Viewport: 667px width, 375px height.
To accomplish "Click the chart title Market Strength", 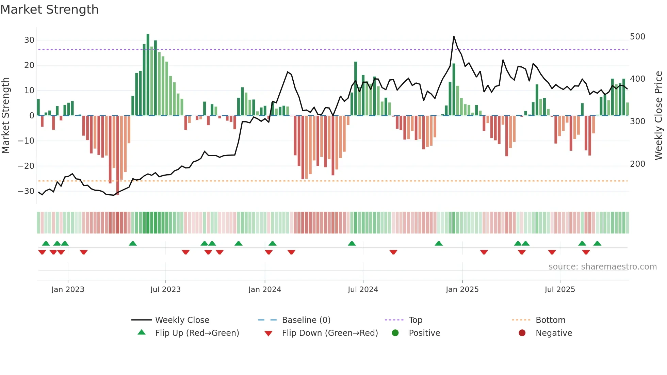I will point(49,10).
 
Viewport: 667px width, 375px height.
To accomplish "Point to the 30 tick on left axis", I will point(29,40).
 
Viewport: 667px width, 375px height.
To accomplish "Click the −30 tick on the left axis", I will point(26,191).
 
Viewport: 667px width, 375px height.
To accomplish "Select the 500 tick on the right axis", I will point(637,37).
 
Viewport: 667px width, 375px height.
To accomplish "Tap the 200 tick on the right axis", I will point(637,164).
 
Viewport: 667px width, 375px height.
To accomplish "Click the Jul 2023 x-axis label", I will point(165,290).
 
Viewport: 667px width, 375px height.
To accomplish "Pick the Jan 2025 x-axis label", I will point(462,290).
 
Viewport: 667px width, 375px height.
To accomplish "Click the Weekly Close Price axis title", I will point(658,116).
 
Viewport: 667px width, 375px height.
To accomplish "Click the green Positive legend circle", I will point(395,333).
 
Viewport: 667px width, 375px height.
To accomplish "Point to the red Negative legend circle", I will point(522,333).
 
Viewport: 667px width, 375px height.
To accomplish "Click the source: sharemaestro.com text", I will point(602,267).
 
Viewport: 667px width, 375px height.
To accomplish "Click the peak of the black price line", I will point(454,36).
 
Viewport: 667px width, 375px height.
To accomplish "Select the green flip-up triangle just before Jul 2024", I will point(352,243).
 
